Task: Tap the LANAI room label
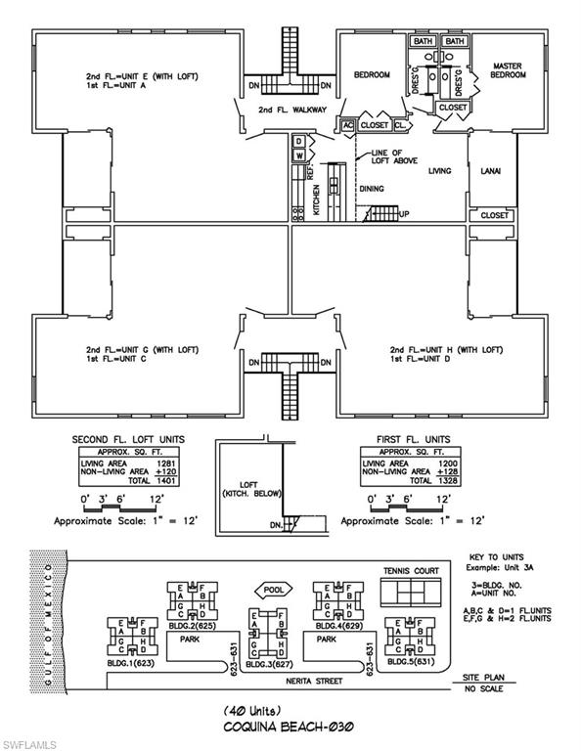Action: click(490, 170)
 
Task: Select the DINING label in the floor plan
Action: click(371, 188)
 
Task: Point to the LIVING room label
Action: click(439, 170)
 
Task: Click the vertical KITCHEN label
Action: click(316, 201)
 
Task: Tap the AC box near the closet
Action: click(347, 125)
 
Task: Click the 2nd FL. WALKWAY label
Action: click(291, 110)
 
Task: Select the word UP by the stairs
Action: click(405, 214)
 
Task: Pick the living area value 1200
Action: click(434, 463)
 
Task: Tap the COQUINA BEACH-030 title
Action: click(290, 727)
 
